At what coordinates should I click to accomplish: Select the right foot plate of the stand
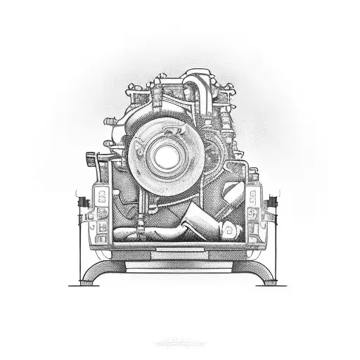(x=275, y=284)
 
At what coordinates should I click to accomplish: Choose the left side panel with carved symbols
(x=102, y=204)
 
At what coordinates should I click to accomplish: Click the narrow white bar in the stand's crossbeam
(x=180, y=250)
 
